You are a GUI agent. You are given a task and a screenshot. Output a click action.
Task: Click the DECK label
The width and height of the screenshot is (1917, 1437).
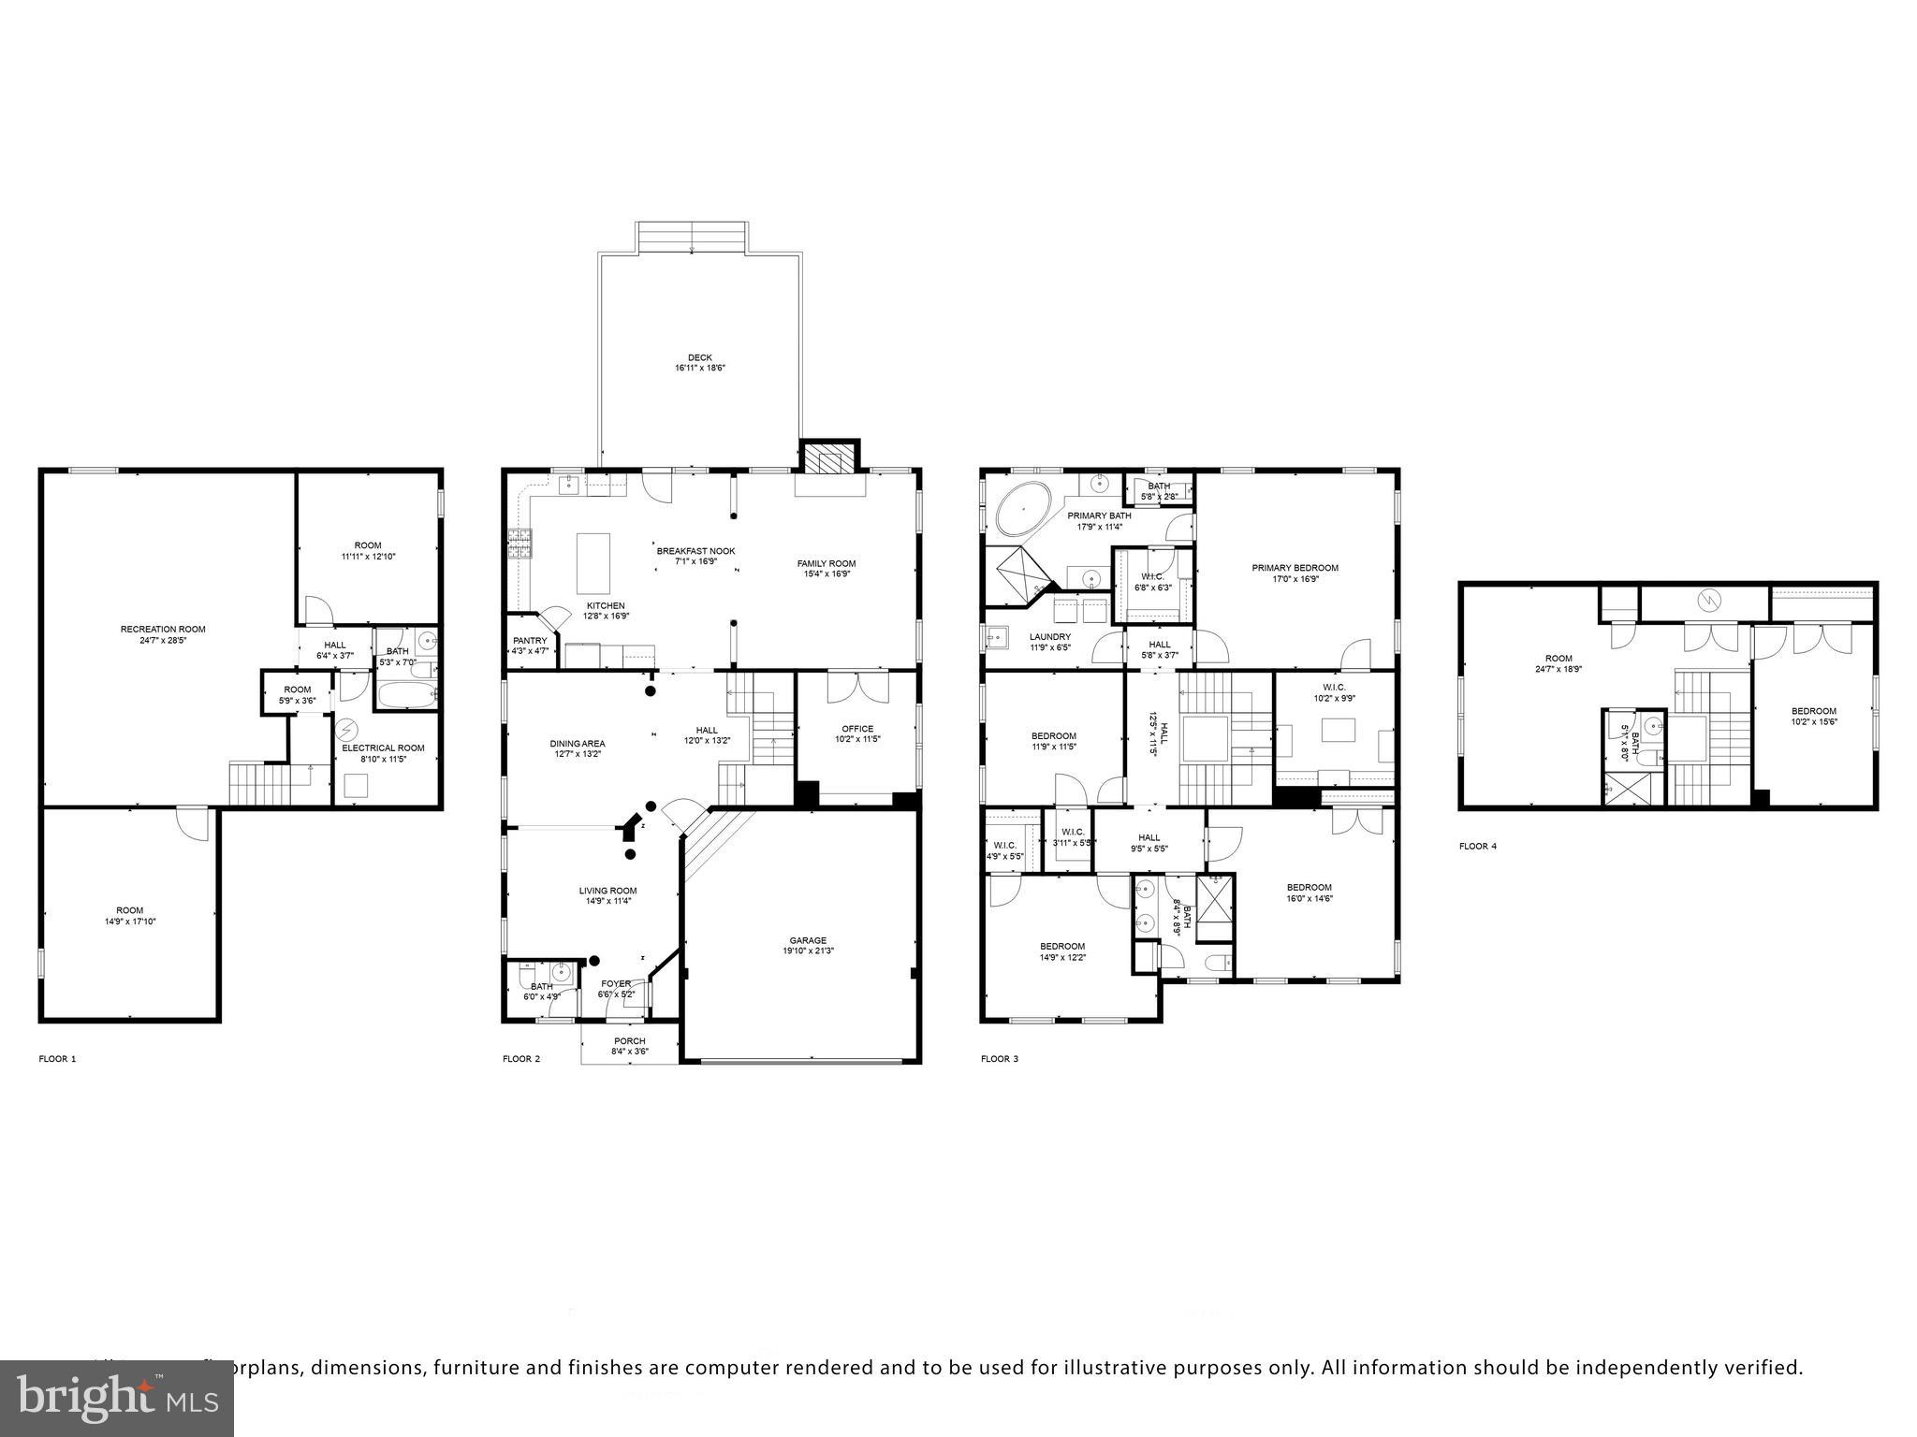(x=699, y=357)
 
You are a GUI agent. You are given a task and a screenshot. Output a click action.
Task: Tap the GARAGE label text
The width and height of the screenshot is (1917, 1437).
(x=807, y=940)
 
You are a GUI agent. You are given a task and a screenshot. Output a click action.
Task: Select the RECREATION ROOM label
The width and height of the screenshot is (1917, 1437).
(x=163, y=629)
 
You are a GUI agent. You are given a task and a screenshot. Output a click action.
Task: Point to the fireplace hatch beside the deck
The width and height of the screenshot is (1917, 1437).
(x=829, y=459)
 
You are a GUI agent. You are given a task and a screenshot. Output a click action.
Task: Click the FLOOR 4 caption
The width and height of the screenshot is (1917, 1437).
(x=1477, y=846)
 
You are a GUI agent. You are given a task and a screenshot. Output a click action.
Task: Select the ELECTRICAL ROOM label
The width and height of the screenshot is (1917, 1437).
(x=383, y=748)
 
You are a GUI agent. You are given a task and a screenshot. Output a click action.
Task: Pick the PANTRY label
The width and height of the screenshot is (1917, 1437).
(x=530, y=641)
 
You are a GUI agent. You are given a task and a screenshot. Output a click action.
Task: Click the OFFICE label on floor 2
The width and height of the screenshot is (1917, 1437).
(x=856, y=729)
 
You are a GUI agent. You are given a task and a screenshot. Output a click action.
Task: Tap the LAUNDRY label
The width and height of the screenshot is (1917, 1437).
(x=1049, y=636)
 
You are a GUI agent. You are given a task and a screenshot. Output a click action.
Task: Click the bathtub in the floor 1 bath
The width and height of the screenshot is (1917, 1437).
(x=406, y=694)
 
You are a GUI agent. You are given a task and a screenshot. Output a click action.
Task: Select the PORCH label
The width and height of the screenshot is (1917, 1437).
(x=629, y=1040)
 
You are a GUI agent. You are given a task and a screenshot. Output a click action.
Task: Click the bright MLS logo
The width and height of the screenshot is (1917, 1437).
(x=117, y=1397)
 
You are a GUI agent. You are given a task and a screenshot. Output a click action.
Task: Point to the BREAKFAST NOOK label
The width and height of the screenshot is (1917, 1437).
(x=695, y=551)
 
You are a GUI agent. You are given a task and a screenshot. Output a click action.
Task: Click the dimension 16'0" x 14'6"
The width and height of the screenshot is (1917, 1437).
(x=1309, y=898)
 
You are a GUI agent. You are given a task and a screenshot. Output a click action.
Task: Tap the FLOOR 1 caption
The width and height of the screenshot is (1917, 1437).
(x=57, y=1059)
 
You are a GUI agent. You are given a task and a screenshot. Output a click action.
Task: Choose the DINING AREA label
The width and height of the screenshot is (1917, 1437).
(x=577, y=743)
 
